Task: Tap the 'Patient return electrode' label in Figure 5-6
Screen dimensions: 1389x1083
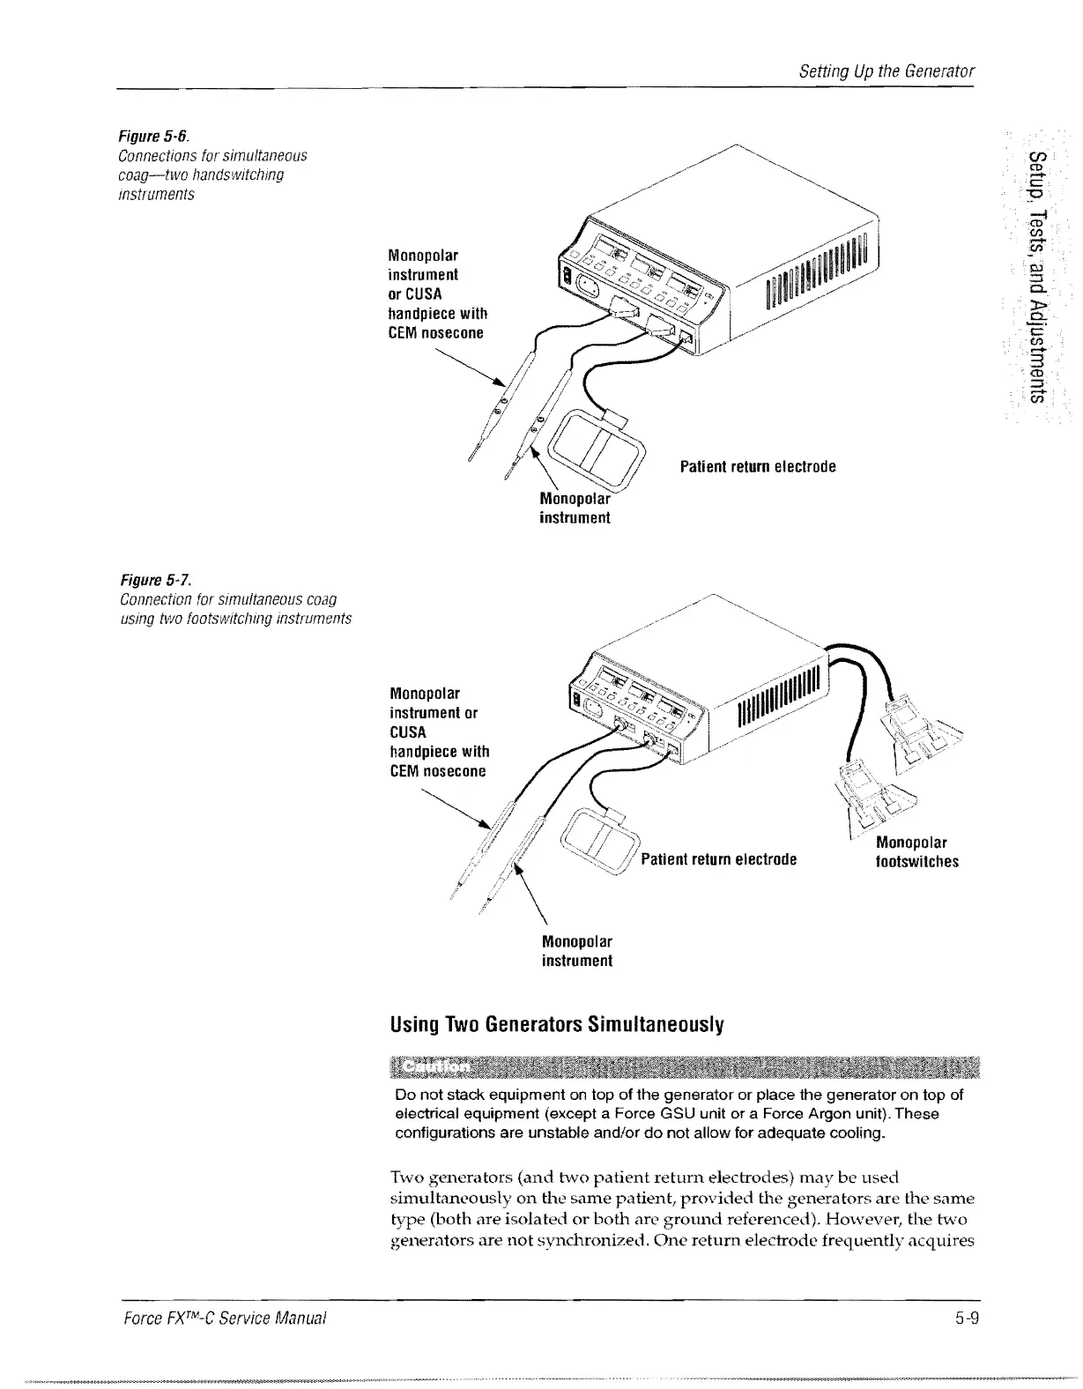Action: pos(758,466)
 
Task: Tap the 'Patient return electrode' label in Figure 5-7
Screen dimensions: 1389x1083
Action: pos(718,859)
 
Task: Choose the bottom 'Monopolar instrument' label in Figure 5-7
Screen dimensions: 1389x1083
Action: pos(576,950)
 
